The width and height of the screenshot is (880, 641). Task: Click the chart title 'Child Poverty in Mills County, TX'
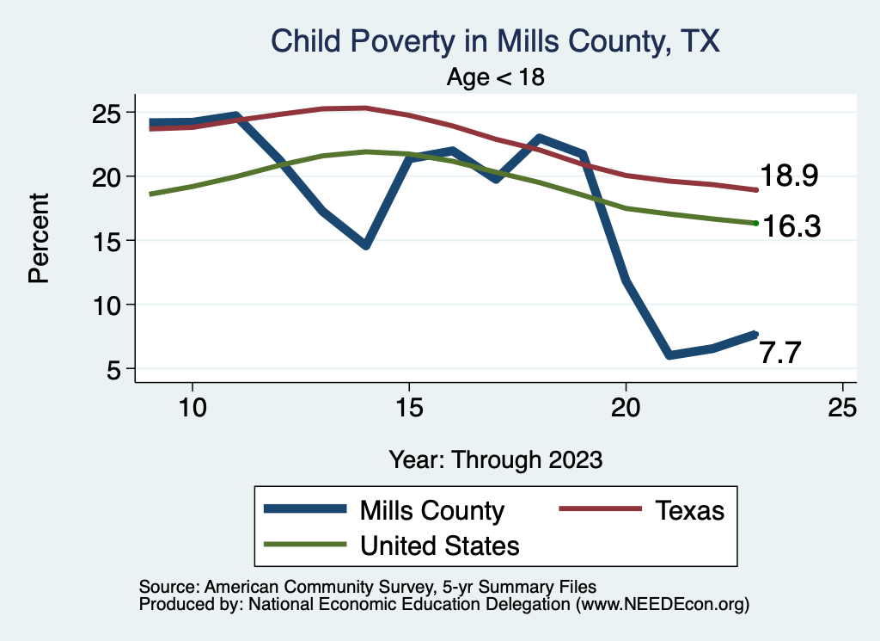(494, 40)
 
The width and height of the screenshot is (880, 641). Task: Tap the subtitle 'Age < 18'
(495, 77)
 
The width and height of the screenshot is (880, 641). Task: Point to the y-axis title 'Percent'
(38, 238)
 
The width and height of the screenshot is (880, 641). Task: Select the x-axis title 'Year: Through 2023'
(495, 459)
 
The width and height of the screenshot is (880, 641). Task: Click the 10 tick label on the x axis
(192, 408)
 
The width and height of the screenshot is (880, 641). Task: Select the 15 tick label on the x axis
(408, 408)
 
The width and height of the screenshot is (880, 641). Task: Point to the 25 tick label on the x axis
(842, 408)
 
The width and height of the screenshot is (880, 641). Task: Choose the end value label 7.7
(780, 353)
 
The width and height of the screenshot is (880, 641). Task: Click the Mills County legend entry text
(432, 510)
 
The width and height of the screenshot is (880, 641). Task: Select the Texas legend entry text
(690, 510)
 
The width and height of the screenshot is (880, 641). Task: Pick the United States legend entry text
(440, 545)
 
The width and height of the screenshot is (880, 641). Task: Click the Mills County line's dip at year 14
(366, 245)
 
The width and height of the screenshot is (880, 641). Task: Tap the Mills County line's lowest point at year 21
(669, 354)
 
